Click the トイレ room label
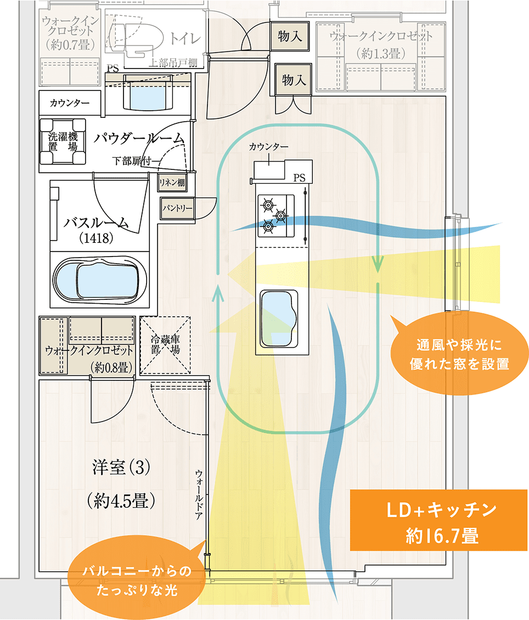(185, 38)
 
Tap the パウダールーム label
(138, 139)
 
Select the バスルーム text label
(97, 223)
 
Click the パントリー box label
(178, 208)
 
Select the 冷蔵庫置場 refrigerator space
(165, 345)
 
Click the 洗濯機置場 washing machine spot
(63, 141)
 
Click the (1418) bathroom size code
(96, 238)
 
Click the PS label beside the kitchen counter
(299, 177)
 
